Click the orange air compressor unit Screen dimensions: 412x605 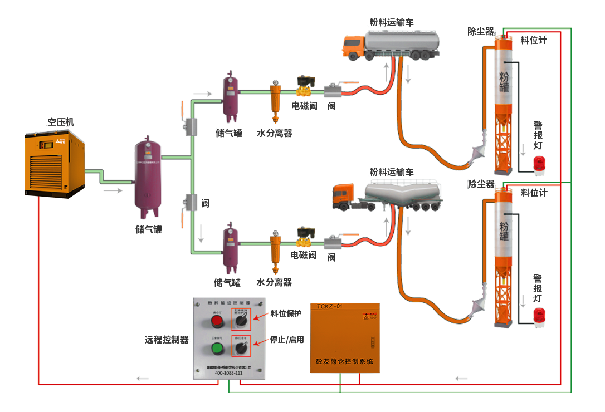(54, 164)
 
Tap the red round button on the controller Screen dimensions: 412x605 (216, 321)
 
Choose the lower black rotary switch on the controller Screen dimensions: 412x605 (242, 349)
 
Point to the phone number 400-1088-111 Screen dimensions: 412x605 (228, 372)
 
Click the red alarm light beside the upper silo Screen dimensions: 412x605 (539, 163)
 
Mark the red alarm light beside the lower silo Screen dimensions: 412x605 (539, 316)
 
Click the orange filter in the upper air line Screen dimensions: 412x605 (275, 100)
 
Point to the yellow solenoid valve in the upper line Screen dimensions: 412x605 (304, 87)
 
